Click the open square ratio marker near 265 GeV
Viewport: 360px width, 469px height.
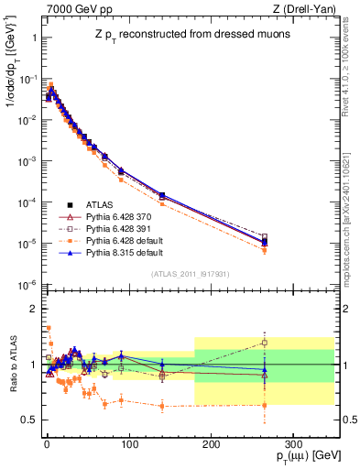pos(265,343)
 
